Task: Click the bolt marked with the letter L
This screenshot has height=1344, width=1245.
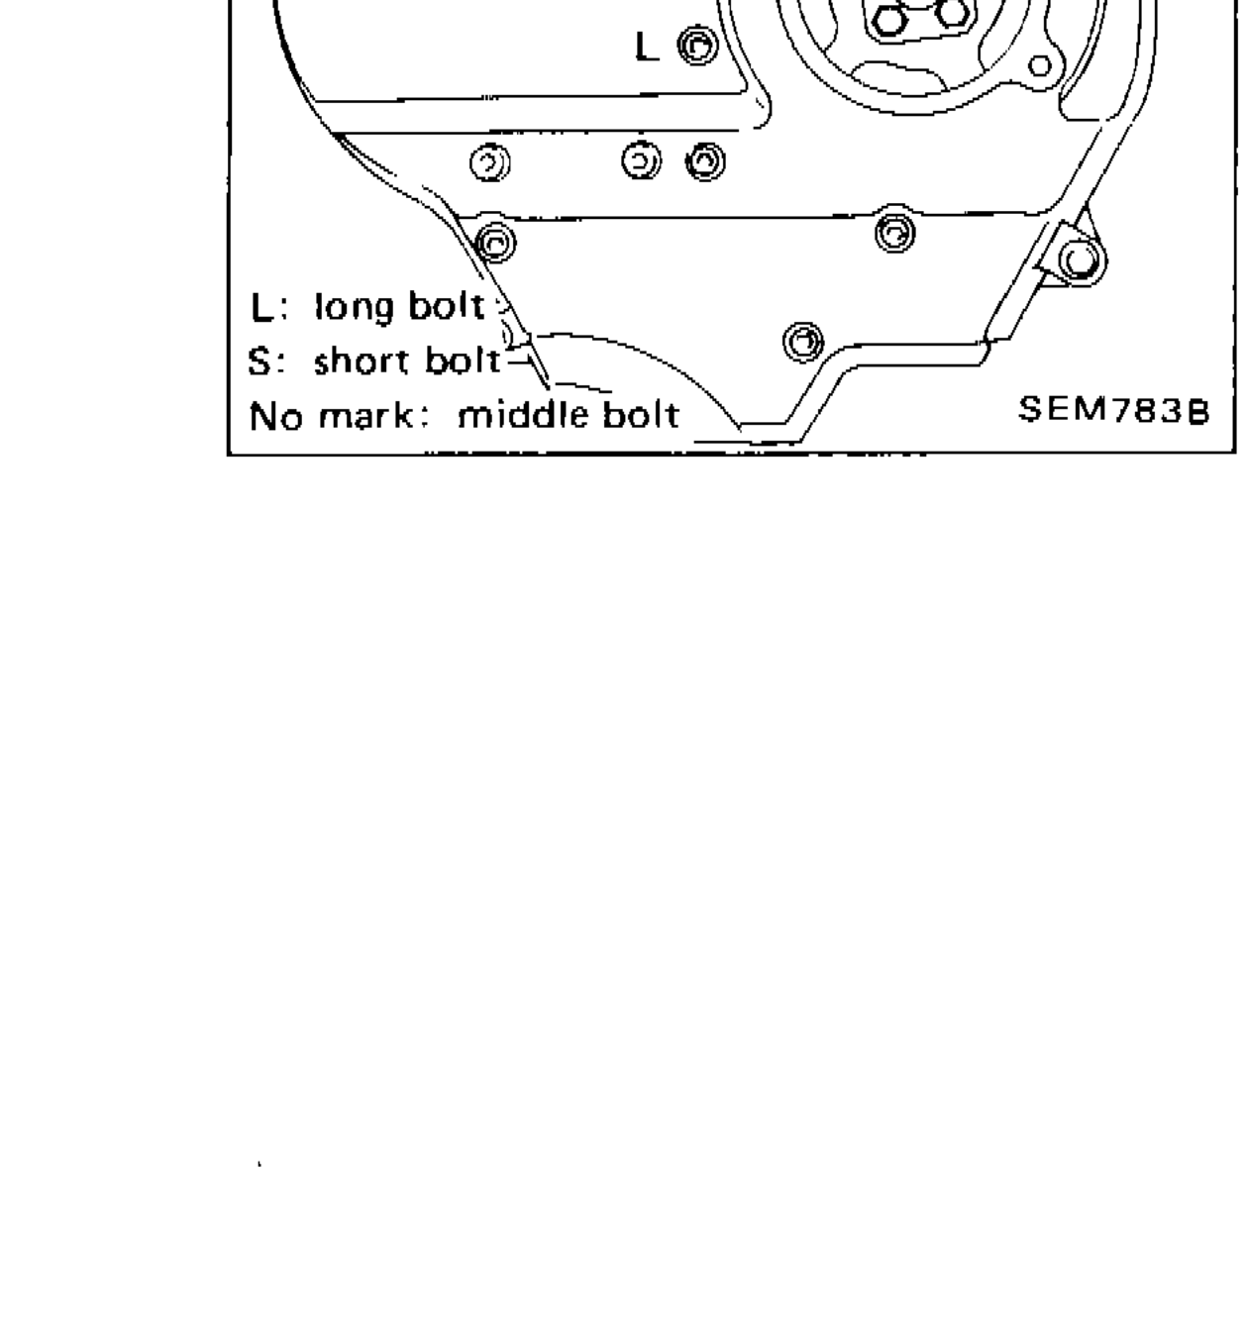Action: click(x=699, y=46)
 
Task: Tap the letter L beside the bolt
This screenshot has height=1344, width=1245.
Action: click(x=646, y=47)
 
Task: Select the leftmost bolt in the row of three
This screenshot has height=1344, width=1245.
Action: click(x=490, y=163)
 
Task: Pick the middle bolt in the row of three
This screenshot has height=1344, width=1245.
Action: click(x=641, y=160)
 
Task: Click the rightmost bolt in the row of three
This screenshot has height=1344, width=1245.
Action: click(x=705, y=161)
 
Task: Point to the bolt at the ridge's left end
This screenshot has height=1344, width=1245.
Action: click(x=495, y=242)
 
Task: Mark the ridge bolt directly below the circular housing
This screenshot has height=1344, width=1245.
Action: click(x=895, y=233)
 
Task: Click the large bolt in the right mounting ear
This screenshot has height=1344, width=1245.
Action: click(x=1078, y=260)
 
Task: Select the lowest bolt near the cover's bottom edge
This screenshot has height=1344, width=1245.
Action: click(x=802, y=342)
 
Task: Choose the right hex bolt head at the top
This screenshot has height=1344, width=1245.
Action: click(x=951, y=13)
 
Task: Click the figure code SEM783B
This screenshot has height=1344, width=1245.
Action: click(x=1113, y=410)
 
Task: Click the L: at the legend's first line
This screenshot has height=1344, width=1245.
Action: click(x=268, y=308)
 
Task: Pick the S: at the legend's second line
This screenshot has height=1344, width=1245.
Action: click(x=266, y=362)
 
